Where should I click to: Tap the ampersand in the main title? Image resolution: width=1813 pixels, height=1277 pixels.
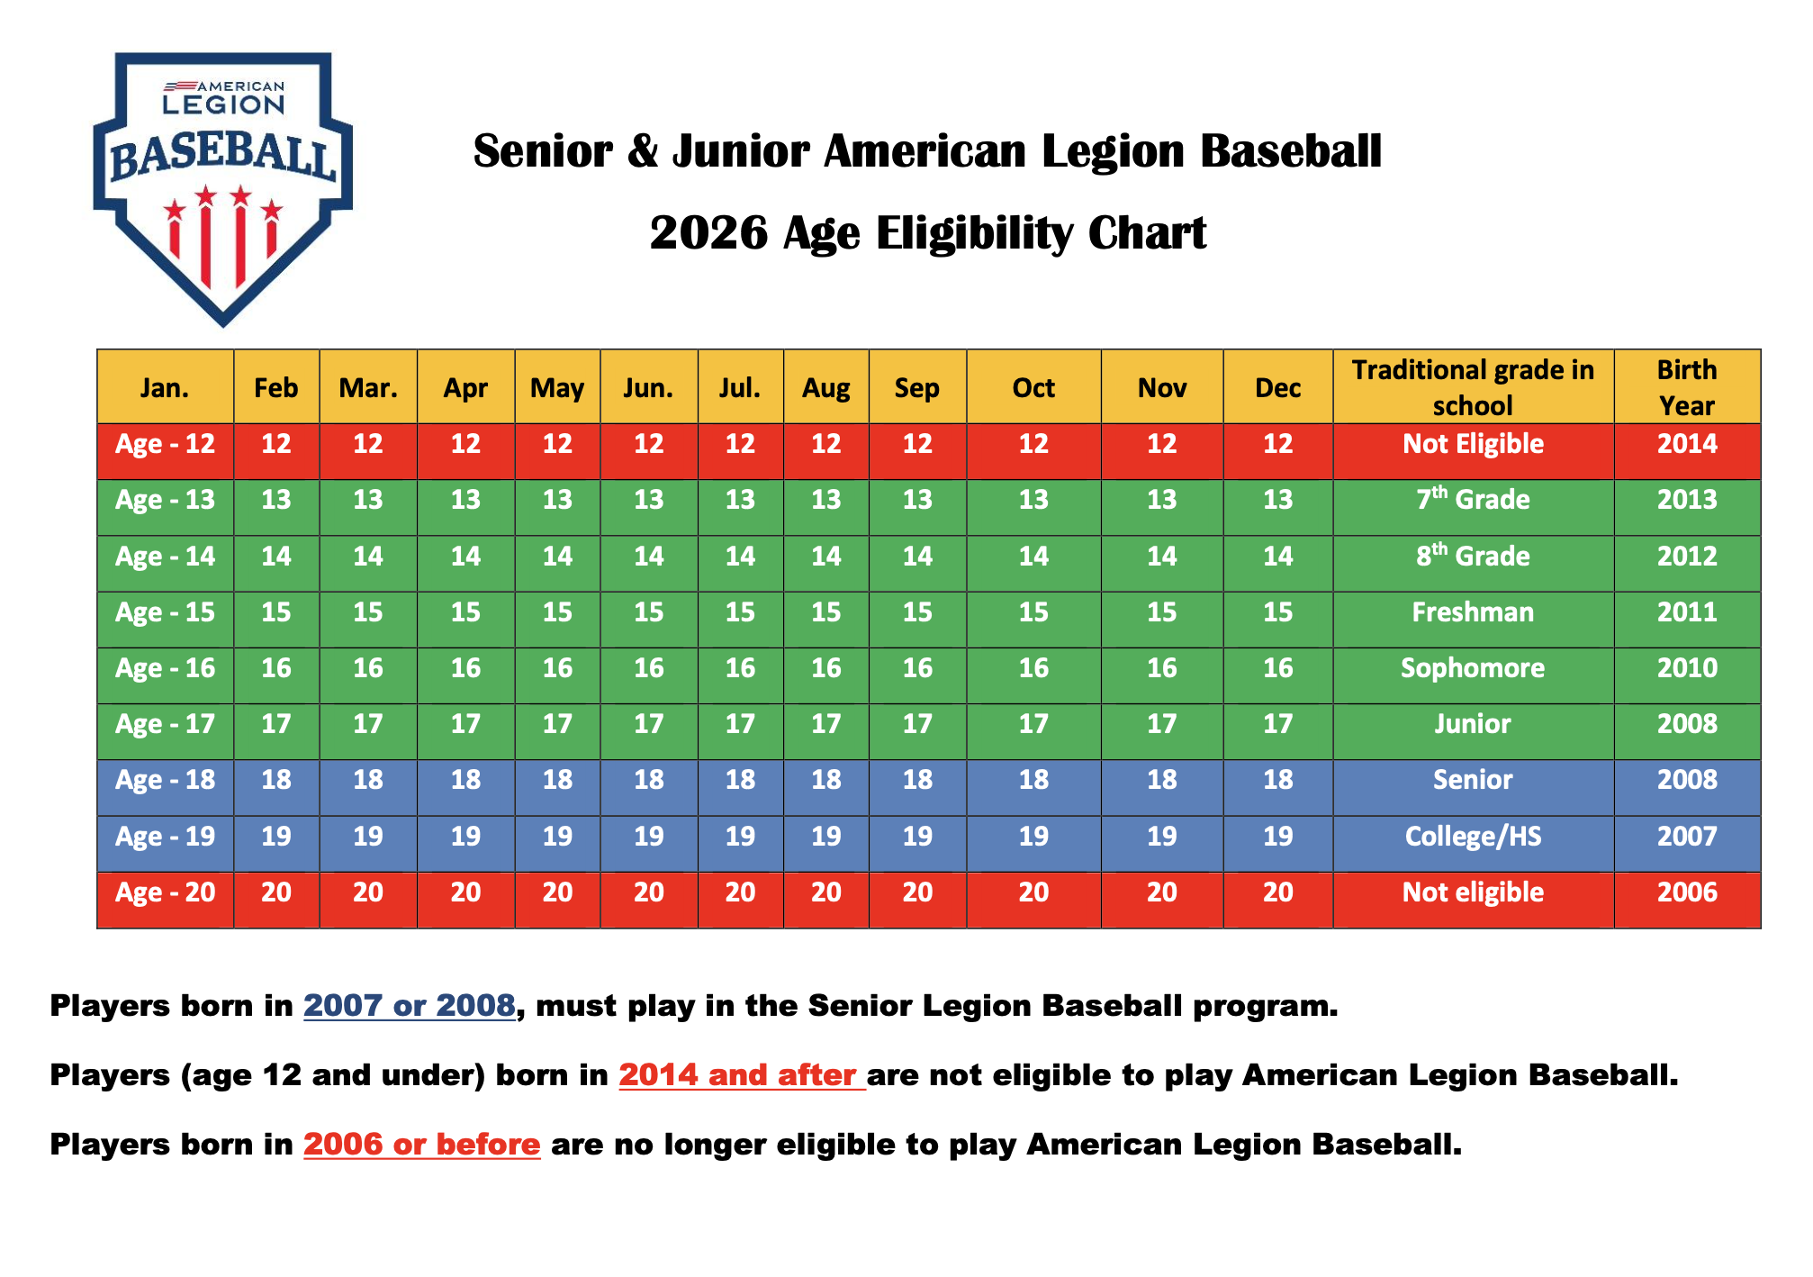[643, 151]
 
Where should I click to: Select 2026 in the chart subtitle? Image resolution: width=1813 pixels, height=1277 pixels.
[708, 233]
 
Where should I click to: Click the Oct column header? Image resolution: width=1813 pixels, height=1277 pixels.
[1033, 387]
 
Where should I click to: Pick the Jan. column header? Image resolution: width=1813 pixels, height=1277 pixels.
[165, 387]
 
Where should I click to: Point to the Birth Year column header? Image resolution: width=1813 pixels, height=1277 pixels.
[1687, 387]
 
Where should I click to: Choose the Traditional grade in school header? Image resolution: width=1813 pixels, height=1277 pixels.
[1473, 387]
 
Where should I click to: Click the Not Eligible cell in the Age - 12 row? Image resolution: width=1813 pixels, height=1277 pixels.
[1473, 444]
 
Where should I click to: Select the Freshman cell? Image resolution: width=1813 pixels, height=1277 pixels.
[1473, 612]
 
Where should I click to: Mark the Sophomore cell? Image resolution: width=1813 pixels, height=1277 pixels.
[1473, 668]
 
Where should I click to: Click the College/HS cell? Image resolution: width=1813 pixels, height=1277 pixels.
[1473, 837]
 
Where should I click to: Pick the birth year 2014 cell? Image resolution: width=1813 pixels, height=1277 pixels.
[1687, 444]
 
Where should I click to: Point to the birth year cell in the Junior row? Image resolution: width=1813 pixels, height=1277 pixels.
[1687, 724]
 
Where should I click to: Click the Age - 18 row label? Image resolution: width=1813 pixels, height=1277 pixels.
[165, 780]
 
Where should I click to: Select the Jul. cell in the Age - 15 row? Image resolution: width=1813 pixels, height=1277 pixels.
[740, 612]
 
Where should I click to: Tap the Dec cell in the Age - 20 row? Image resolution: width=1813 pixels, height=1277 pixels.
[1277, 892]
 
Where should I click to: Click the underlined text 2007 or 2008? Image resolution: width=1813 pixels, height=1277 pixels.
[410, 1006]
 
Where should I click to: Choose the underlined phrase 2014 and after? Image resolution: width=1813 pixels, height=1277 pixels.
[742, 1075]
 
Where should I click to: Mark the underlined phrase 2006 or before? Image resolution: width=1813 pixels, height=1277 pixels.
[422, 1145]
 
